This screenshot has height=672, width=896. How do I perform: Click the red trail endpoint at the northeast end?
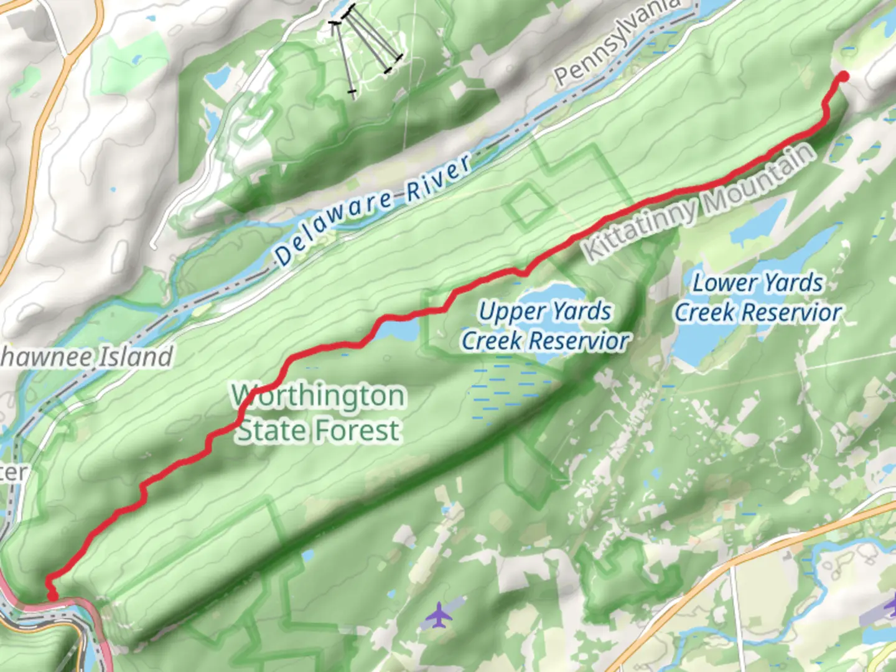click(844, 77)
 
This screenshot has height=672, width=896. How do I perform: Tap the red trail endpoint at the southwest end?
click(53, 595)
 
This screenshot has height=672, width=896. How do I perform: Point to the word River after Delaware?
click(439, 179)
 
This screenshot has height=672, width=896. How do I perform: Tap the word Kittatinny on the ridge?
click(641, 230)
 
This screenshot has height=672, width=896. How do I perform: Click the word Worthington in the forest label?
click(319, 396)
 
